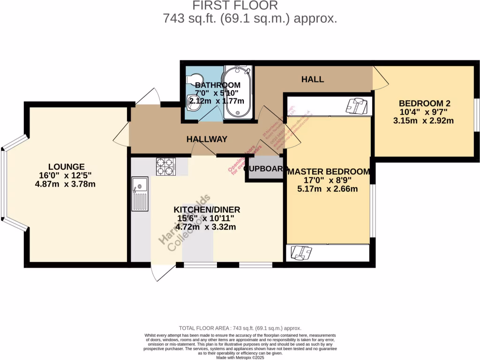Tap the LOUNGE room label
[66, 166]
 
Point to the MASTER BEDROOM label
[329, 172]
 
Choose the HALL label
[312, 79]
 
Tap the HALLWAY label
[207, 139]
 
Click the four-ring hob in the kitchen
[165, 166]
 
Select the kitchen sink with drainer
[139, 194]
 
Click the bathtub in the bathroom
[238, 92]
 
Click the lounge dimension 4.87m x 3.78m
[66, 184]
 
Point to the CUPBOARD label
[265, 169]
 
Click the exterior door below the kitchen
[163, 273]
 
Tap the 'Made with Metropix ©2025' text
[240, 358]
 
